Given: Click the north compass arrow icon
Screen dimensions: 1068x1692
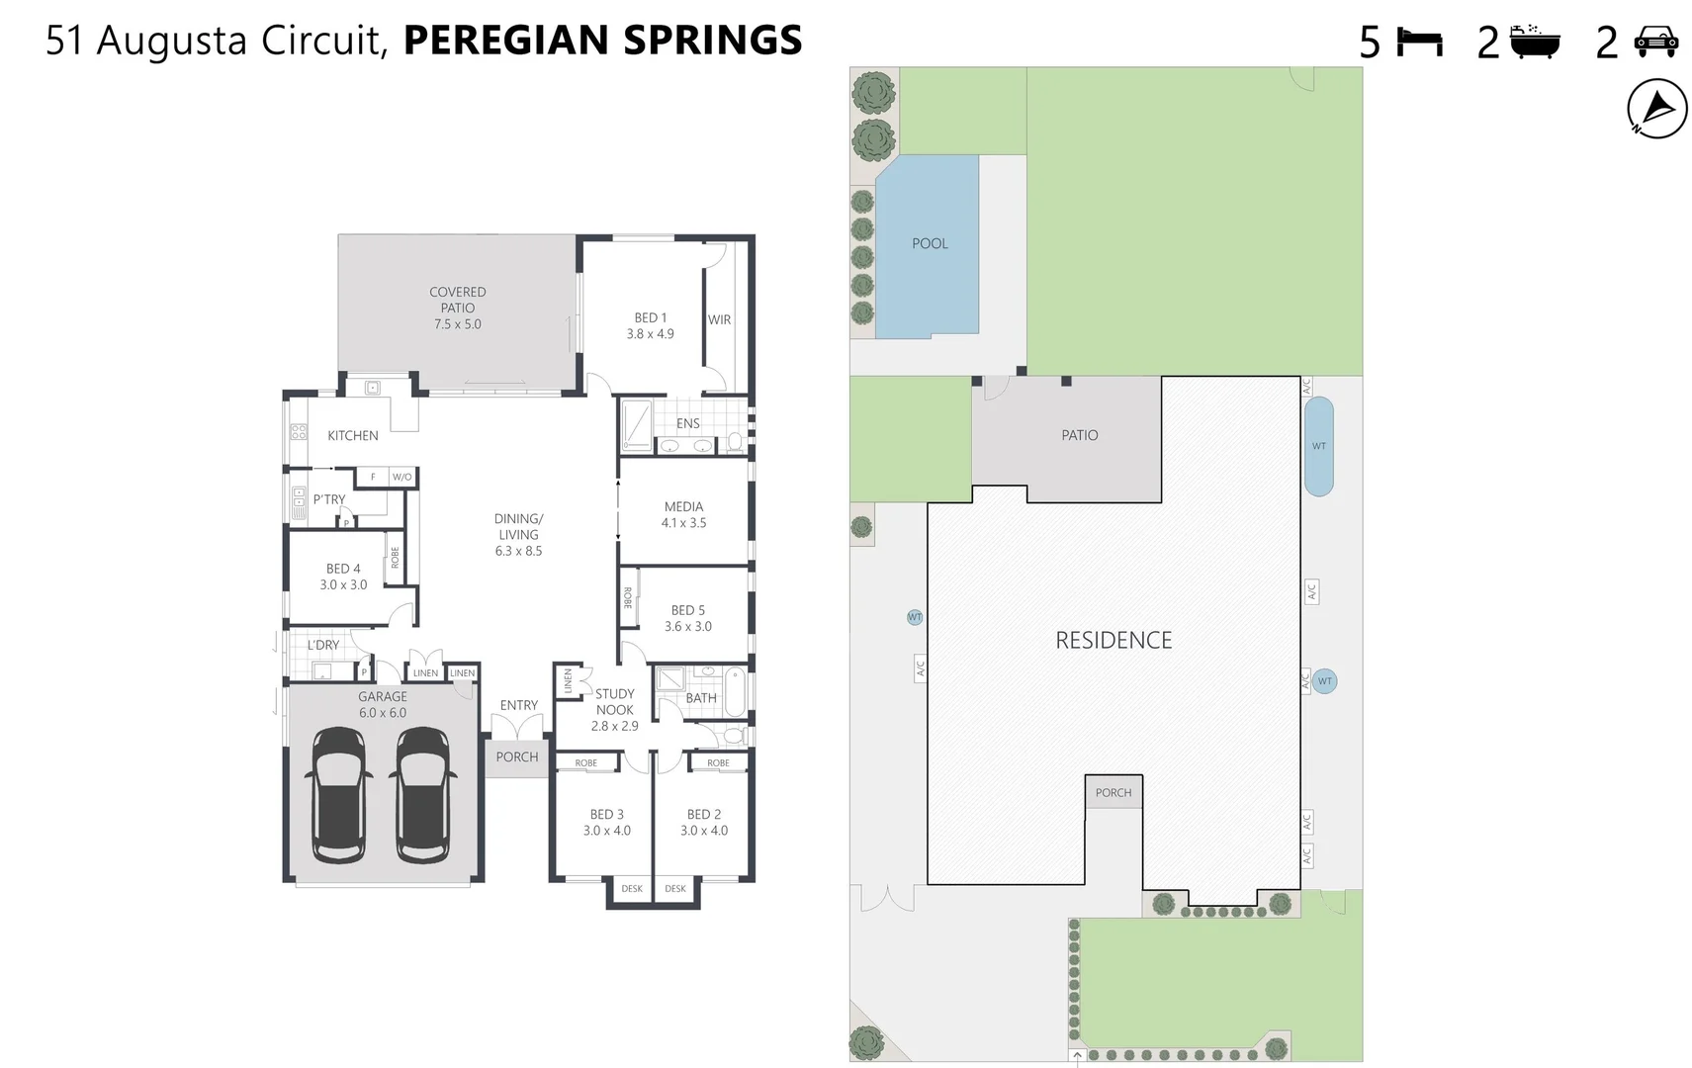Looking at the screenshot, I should pyautogui.click(x=1656, y=109).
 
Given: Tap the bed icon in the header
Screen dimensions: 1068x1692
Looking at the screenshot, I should pyautogui.click(x=1419, y=43).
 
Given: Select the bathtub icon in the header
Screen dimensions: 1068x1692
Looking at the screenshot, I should pyautogui.click(x=1535, y=42).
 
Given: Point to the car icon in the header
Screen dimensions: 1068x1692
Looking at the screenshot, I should pyautogui.click(x=1655, y=42).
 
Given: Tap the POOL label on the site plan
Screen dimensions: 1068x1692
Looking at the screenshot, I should pyautogui.click(x=929, y=243).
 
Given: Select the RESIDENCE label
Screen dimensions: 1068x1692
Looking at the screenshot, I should pyautogui.click(x=1113, y=640).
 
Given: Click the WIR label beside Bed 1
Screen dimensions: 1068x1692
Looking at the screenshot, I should pyautogui.click(x=719, y=319).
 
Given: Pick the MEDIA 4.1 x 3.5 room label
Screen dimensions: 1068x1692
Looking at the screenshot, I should pyautogui.click(x=683, y=514).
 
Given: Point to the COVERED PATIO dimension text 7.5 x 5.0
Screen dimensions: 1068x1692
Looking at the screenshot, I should pyautogui.click(x=457, y=324).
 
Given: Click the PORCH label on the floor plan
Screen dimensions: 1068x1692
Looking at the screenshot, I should pyautogui.click(x=516, y=756).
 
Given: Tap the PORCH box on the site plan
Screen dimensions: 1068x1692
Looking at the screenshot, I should pyautogui.click(x=1113, y=792).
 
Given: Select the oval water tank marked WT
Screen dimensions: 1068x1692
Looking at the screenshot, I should pyautogui.click(x=1318, y=446).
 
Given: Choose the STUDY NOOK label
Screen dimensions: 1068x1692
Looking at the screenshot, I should pyautogui.click(x=614, y=702).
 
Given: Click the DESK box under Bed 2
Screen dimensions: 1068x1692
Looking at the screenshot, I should pyautogui.click(x=675, y=889).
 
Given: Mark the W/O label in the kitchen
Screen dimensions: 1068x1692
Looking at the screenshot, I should pyautogui.click(x=401, y=477).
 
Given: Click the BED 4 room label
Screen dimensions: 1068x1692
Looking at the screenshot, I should pyautogui.click(x=343, y=577).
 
